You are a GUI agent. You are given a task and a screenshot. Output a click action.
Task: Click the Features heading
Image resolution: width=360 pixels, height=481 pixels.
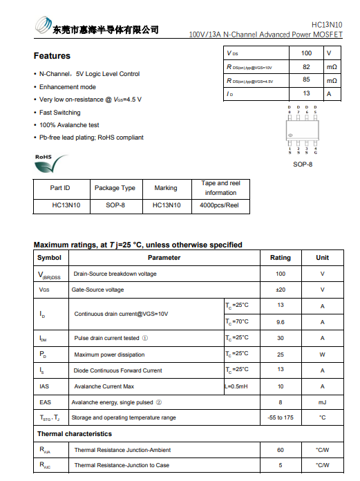click(x=52, y=56)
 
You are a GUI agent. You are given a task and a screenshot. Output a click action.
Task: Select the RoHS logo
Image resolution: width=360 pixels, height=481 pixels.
click(x=51, y=162)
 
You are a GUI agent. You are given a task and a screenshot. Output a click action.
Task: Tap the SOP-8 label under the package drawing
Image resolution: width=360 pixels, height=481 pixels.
click(x=302, y=164)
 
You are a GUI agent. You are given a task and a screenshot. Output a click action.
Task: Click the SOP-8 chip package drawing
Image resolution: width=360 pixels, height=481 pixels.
click(x=302, y=129)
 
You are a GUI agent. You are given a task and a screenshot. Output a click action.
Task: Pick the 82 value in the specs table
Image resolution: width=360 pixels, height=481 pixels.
click(x=306, y=67)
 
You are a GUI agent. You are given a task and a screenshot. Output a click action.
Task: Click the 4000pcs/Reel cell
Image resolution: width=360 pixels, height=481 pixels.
click(x=220, y=205)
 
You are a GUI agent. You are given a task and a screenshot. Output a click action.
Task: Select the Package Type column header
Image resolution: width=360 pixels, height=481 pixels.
click(x=115, y=188)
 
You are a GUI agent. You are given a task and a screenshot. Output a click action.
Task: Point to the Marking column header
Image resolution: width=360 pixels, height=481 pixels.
click(x=166, y=188)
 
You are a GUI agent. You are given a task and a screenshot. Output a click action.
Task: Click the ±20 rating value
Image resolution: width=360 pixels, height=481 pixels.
click(x=281, y=290)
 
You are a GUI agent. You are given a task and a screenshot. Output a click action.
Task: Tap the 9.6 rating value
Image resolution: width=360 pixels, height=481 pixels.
click(x=281, y=322)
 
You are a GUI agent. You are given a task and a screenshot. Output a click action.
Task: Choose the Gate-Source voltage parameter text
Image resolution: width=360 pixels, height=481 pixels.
click(x=98, y=290)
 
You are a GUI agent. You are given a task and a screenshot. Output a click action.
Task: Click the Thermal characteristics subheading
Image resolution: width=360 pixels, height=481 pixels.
click(x=75, y=434)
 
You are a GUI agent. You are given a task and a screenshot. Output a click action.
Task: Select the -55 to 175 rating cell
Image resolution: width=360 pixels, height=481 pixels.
click(x=281, y=417)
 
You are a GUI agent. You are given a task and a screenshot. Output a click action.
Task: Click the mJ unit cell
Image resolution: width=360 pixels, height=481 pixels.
click(x=322, y=402)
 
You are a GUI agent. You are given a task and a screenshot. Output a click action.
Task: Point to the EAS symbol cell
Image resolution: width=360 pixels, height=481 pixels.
click(x=45, y=402)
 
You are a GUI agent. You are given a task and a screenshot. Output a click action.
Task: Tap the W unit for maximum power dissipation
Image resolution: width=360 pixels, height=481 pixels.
click(x=322, y=355)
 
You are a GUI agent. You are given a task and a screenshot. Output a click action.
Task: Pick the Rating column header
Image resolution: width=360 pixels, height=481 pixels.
click(x=281, y=258)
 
